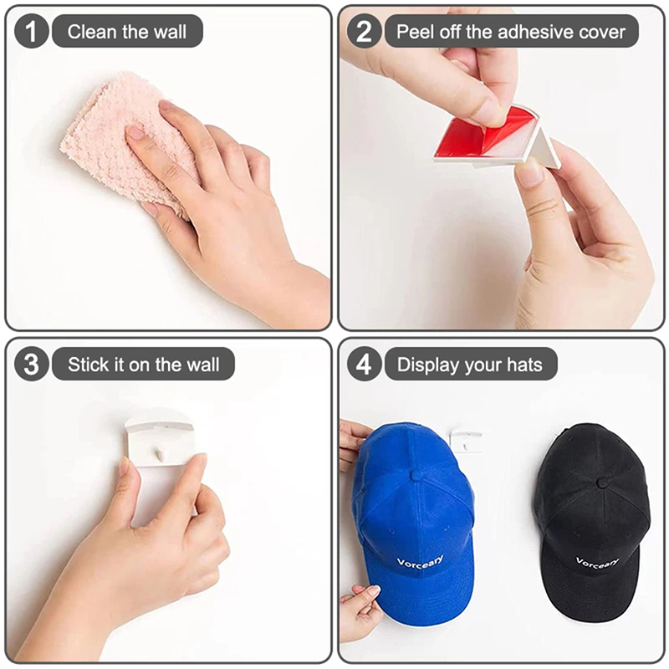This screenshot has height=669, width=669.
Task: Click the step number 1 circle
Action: [x=31, y=31]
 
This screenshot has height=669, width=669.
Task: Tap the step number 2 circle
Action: [x=364, y=31]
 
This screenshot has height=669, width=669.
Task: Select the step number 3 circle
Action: [x=31, y=364]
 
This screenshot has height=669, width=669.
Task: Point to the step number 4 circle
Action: [x=364, y=364]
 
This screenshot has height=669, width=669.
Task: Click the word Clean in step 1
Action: [x=92, y=32]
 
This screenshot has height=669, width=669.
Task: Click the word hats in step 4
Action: [x=524, y=365]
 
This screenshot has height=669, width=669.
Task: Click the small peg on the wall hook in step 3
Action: [x=160, y=454]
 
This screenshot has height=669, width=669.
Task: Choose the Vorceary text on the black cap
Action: [x=597, y=562]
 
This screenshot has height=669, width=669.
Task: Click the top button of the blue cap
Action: [x=415, y=475]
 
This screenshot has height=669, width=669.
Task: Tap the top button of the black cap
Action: [x=603, y=483]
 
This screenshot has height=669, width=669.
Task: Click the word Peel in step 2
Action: [x=414, y=32]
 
